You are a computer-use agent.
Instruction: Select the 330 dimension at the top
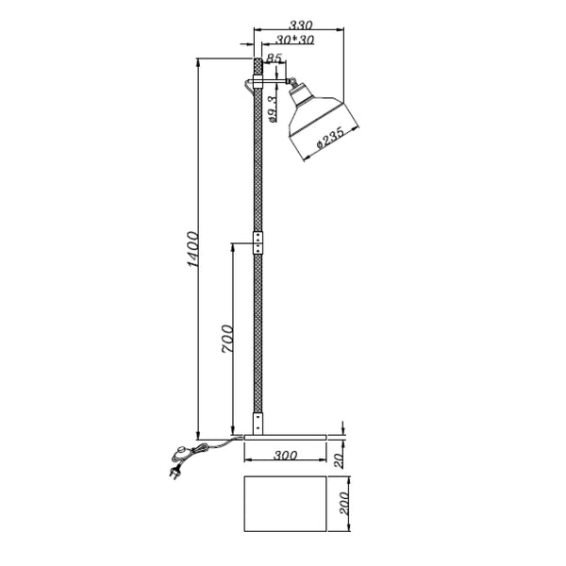click(x=302, y=25)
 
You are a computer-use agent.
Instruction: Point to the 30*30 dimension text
click(x=296, y=41)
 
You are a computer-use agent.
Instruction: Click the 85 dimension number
click(x=275, y=58)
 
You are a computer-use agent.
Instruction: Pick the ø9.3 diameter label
click(x=272, y=108)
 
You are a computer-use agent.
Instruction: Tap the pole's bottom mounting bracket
click(x=258, y=421)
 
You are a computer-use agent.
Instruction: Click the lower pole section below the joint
click(x=258, y=330)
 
